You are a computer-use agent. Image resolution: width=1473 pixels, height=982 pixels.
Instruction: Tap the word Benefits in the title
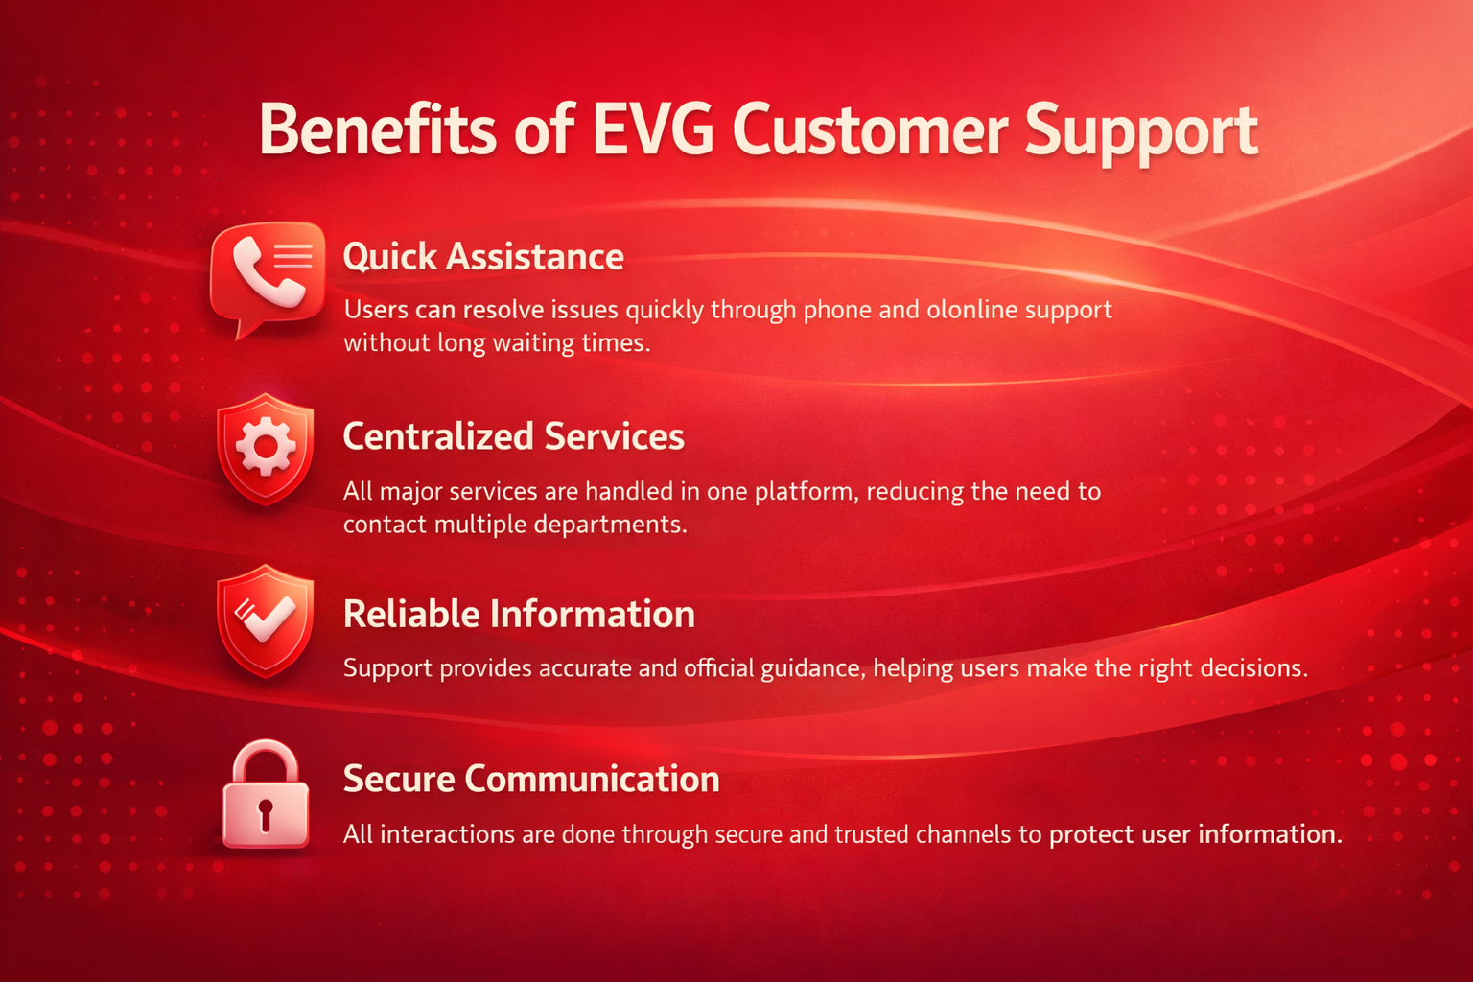pyautogui.click(x=378, y=130)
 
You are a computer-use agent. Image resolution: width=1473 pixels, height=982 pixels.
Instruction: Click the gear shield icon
pyautogui.click(x=266, y=448)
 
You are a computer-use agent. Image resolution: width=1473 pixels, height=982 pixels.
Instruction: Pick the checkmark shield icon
pyautogui.click(x=266, y=620)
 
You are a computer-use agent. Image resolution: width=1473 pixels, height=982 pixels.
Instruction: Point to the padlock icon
pyautogui.click(x=266, y=796)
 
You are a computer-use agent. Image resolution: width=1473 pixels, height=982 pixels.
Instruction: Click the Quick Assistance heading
pyautogui.click(x=483, y=257)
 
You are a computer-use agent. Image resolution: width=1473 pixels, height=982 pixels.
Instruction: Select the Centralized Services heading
pyautogui.click(x=513, y=436)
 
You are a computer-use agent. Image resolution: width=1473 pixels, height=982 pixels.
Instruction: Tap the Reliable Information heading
pyautogui.click(x=519, y=615)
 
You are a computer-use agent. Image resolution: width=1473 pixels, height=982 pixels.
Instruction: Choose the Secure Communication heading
pyautogui.click(x=531, y=779)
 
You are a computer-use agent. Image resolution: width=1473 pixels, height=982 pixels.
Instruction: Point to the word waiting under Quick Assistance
pyautogui.click(x=535, y=343)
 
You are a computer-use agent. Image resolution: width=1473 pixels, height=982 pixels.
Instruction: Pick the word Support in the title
pyautogui.click(x=1140, y=132)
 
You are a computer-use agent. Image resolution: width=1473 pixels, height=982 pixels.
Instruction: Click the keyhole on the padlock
pyautogui.click(x=266, y=813)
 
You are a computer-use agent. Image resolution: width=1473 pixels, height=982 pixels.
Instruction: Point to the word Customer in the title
pyautogui.click(x=870, y=130)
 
